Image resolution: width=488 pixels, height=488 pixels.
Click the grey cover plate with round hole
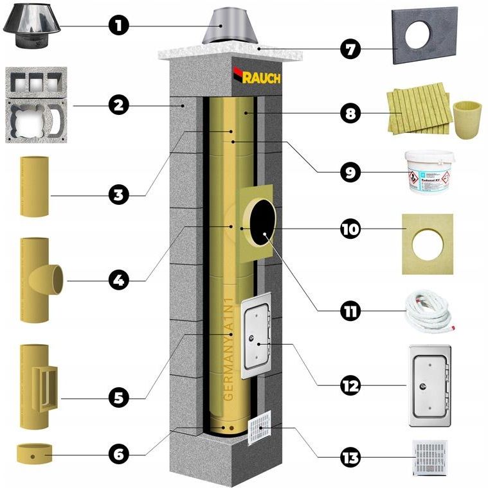pos(425,36)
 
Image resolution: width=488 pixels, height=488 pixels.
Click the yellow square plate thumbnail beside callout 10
pos(427,244)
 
